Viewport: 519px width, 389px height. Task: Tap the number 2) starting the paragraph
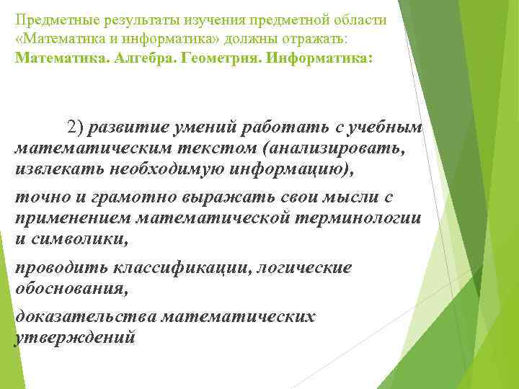point(76,128)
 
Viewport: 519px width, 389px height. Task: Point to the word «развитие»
point(128,128)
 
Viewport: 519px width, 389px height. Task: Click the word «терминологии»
point(360,218)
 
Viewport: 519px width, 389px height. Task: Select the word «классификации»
point(174,268)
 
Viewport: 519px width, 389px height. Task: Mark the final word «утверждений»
point(74,337)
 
